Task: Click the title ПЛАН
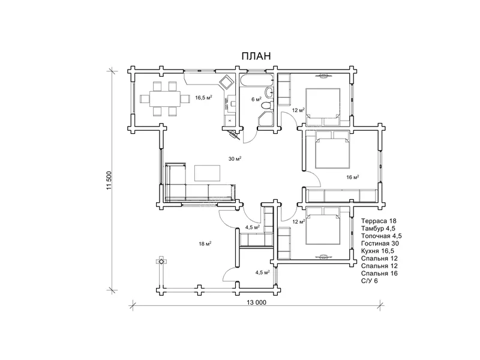coord(256,56)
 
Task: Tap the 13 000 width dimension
coord(257,302)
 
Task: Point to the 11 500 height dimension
coord(110,181)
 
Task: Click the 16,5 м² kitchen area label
coord(204,98)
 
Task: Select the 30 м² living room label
coord(235,158)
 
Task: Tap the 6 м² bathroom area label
coord(257,99)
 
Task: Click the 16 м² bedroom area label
coord(353,177)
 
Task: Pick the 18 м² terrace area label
coord(205,244)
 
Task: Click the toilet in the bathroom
coord(267,105)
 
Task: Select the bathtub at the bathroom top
coord(257,80)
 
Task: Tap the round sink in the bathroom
coord(269,92)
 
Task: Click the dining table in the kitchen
coord(165,98)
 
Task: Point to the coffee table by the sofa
coord(207,173)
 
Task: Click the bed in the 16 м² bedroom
coord(332,149)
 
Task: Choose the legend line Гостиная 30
coord(380,244)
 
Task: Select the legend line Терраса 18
coord(379,221)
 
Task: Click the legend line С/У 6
coord(369,281)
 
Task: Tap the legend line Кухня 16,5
coord(377,251)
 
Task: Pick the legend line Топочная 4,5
coord(381,236)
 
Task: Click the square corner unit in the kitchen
coord(227,82)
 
